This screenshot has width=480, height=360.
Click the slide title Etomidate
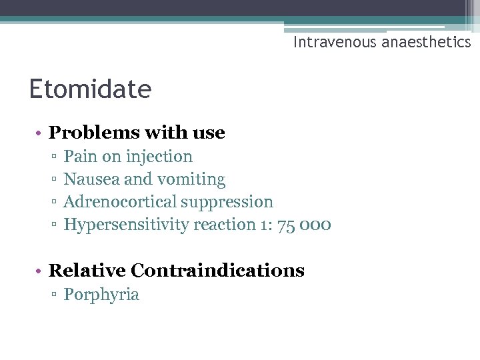pos(90,89)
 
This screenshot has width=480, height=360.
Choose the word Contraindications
pos(217,271)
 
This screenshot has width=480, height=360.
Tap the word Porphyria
pos(101,295)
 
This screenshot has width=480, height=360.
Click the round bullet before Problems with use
pos(39,133)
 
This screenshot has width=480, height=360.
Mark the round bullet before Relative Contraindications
pos(39,271)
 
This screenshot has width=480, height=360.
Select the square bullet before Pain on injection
pos(53,157)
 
